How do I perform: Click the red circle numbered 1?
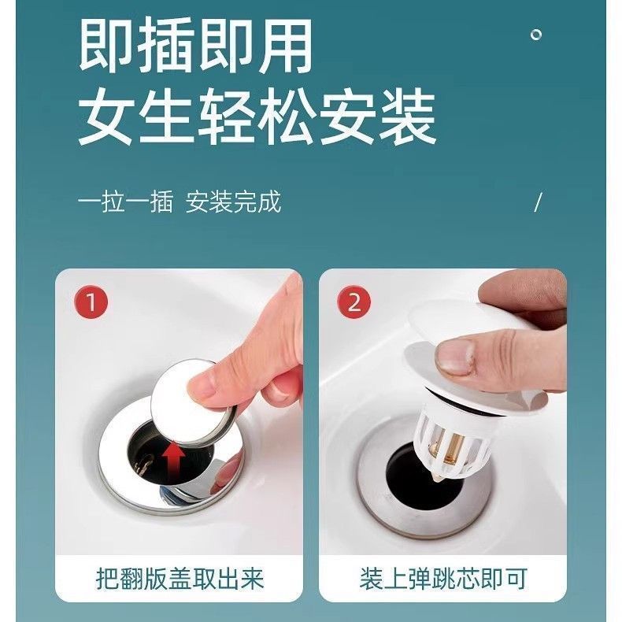91,302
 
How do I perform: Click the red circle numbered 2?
354,302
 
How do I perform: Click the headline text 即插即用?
195,45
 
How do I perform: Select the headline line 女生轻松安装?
257,118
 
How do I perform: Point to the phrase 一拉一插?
125,202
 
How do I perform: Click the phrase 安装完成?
233,202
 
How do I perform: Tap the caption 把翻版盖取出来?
180,579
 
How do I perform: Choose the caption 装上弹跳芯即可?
443,579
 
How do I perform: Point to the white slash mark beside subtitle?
538,202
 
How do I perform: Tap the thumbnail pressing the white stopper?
455,357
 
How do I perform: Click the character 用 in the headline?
285,45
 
